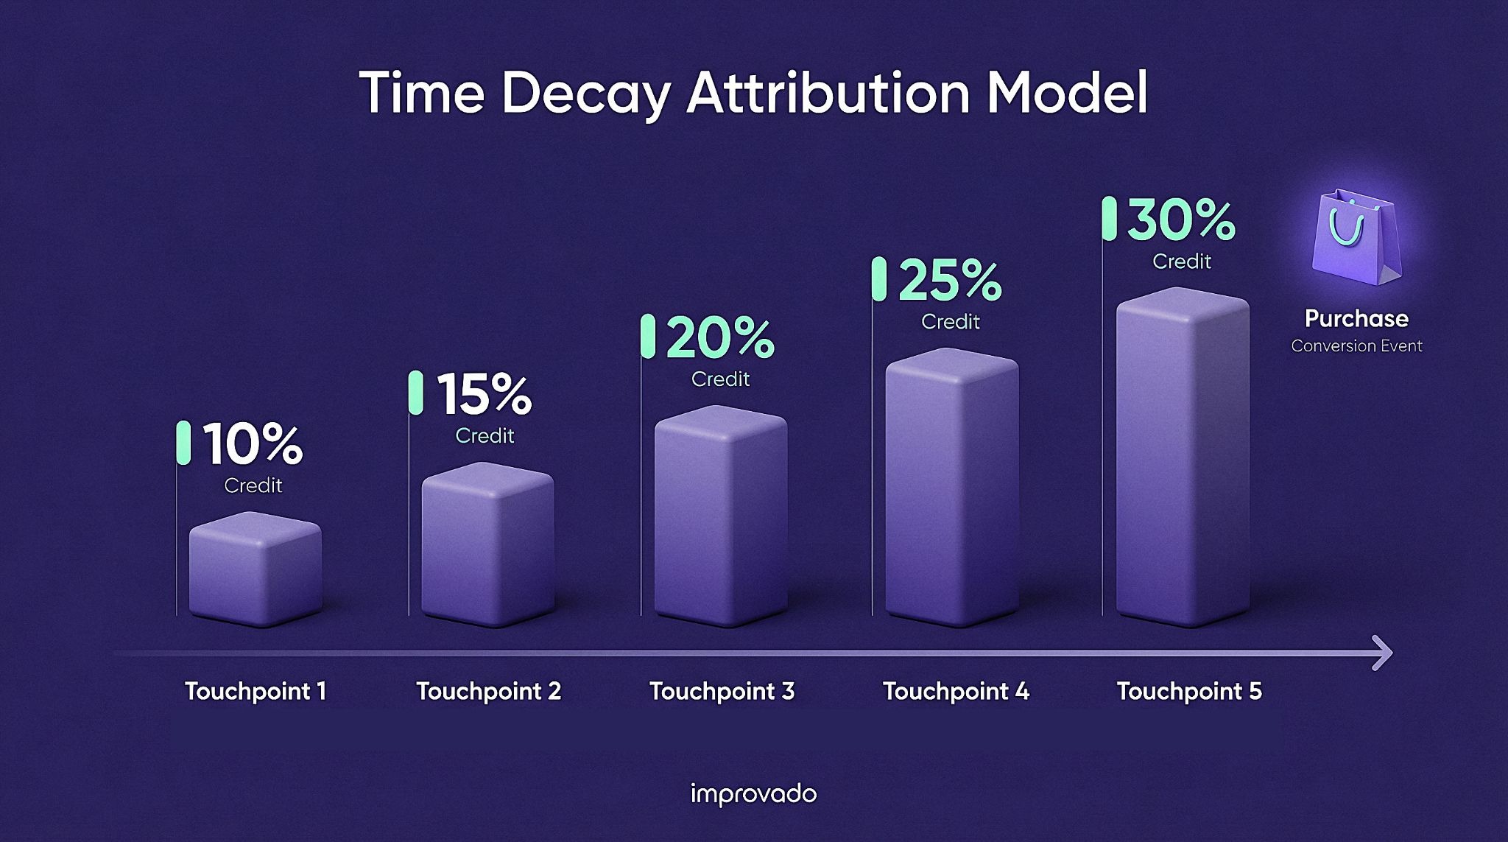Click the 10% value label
tap(253, 445)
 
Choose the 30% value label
tap(1181, 220)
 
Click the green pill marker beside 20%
tap(648, 337)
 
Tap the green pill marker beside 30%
tap(1110, 219)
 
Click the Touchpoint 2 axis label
tap(489, 691)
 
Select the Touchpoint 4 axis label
tap(956, 691)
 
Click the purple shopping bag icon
tap(1356, 239)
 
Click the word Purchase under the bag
tap(1356, 318)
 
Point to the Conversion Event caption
tap(1356, 346)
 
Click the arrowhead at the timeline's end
tap(1383, 653)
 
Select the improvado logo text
tap(753, 794)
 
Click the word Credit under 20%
tap(720, 379)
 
